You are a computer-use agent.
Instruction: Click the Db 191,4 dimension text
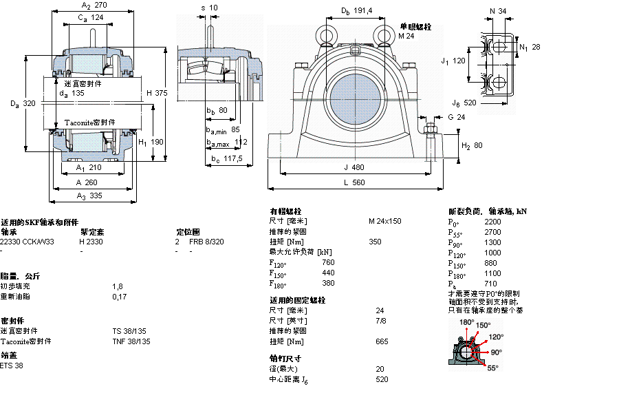coord(356,10)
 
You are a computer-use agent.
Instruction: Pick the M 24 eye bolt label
coord(406,36)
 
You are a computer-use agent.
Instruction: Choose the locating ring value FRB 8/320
coord(206,242)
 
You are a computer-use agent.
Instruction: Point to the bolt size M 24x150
coord(384,221)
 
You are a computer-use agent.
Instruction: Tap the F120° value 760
coord(328,262)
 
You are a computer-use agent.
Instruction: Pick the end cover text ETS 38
coord(12,366)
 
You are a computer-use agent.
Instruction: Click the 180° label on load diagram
coord(467,322)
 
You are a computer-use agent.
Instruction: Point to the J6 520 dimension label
coord(464,103)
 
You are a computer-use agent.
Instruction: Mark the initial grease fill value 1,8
coord(117,286)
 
